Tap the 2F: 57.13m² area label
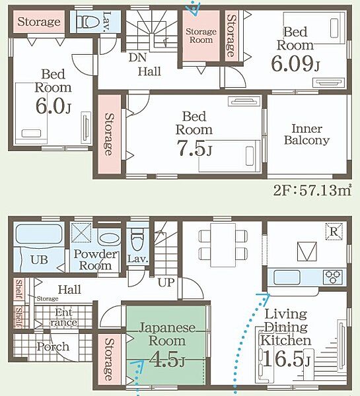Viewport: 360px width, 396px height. (312, 191)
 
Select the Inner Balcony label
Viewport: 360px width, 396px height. (306, 135)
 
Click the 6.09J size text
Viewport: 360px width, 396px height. (295, 63)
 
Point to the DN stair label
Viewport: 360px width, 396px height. (137, 57)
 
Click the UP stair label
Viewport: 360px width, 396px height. (166, 282)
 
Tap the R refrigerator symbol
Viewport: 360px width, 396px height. (334, 232)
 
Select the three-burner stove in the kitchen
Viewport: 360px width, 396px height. (332, 277)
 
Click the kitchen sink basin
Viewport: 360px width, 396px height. (287, 277)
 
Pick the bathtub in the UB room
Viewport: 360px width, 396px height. (38, 234)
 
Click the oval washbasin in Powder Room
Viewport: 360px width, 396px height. (109, 238)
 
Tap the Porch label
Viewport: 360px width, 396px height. (53, 346)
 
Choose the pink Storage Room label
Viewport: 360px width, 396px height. (201, 36)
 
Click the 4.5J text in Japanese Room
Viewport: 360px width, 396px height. (166, 359)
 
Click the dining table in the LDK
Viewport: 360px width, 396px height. (223, 245)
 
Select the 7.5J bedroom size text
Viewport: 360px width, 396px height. (194, 148)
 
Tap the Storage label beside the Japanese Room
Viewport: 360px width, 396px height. (109, 360)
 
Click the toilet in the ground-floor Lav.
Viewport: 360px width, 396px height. (137, 242)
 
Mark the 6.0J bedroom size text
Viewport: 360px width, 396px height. (53, 106)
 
